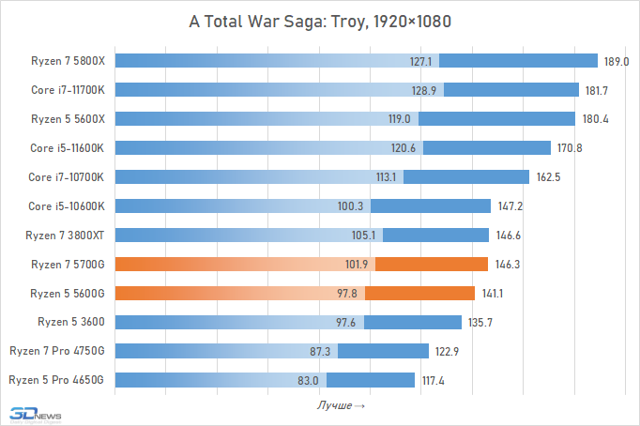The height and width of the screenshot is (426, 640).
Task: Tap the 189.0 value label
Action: [616, 62]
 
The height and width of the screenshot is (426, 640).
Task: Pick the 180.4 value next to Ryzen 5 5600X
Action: [592, 119]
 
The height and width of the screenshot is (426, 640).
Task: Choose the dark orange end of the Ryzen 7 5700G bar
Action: [432, 264]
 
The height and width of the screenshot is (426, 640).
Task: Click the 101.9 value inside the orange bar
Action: [357, 265]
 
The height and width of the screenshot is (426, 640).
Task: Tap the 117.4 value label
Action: [433, 380]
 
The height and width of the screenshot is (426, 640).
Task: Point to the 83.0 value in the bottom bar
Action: [309, 380]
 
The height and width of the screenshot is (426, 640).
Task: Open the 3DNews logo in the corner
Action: [35, 413]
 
